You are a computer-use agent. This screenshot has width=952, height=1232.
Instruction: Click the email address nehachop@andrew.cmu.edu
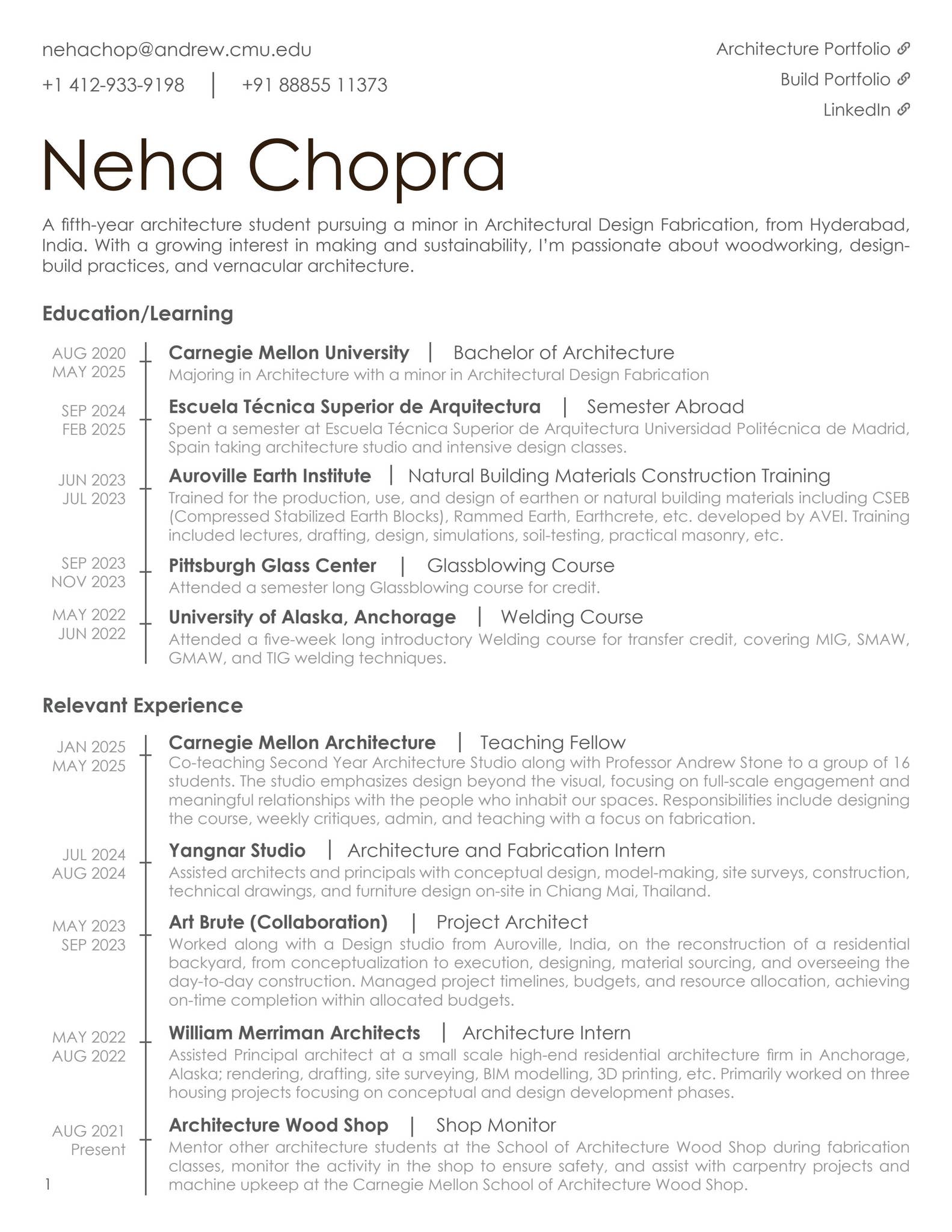(177, 50)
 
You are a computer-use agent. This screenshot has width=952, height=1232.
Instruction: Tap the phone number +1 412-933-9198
(113, 85)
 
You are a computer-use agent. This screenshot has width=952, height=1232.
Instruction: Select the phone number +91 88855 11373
(315, 85)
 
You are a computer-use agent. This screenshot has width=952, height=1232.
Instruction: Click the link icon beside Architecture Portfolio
(903, 49)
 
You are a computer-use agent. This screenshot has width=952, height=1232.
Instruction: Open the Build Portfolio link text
(835, 79)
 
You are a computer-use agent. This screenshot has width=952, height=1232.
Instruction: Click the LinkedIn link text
(856, 110)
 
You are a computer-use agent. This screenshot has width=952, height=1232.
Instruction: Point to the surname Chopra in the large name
(376, 167)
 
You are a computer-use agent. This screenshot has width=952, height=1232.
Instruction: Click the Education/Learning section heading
(138, 313)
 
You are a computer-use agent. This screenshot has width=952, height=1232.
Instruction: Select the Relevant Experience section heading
(143, 705)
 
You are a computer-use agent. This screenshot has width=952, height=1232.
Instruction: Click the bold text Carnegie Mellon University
(289, 353)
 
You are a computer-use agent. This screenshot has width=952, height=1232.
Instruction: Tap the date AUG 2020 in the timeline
(89, 353)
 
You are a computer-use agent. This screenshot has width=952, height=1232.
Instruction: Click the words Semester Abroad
(665, 407)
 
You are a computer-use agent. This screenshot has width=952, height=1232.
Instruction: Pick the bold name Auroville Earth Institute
(269, 476)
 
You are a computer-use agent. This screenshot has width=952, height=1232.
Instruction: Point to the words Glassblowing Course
(520, 565)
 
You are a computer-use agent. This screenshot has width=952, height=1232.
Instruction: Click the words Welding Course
(571, 617)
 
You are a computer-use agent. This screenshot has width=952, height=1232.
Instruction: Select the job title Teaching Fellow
(552, 742)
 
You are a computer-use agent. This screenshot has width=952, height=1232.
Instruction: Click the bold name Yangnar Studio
(237, 851)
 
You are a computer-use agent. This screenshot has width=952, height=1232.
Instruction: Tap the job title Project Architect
(512, 922)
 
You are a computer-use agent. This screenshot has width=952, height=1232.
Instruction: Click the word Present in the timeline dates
(98, 1150)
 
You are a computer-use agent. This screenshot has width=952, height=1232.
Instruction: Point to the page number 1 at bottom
(48, 1184)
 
